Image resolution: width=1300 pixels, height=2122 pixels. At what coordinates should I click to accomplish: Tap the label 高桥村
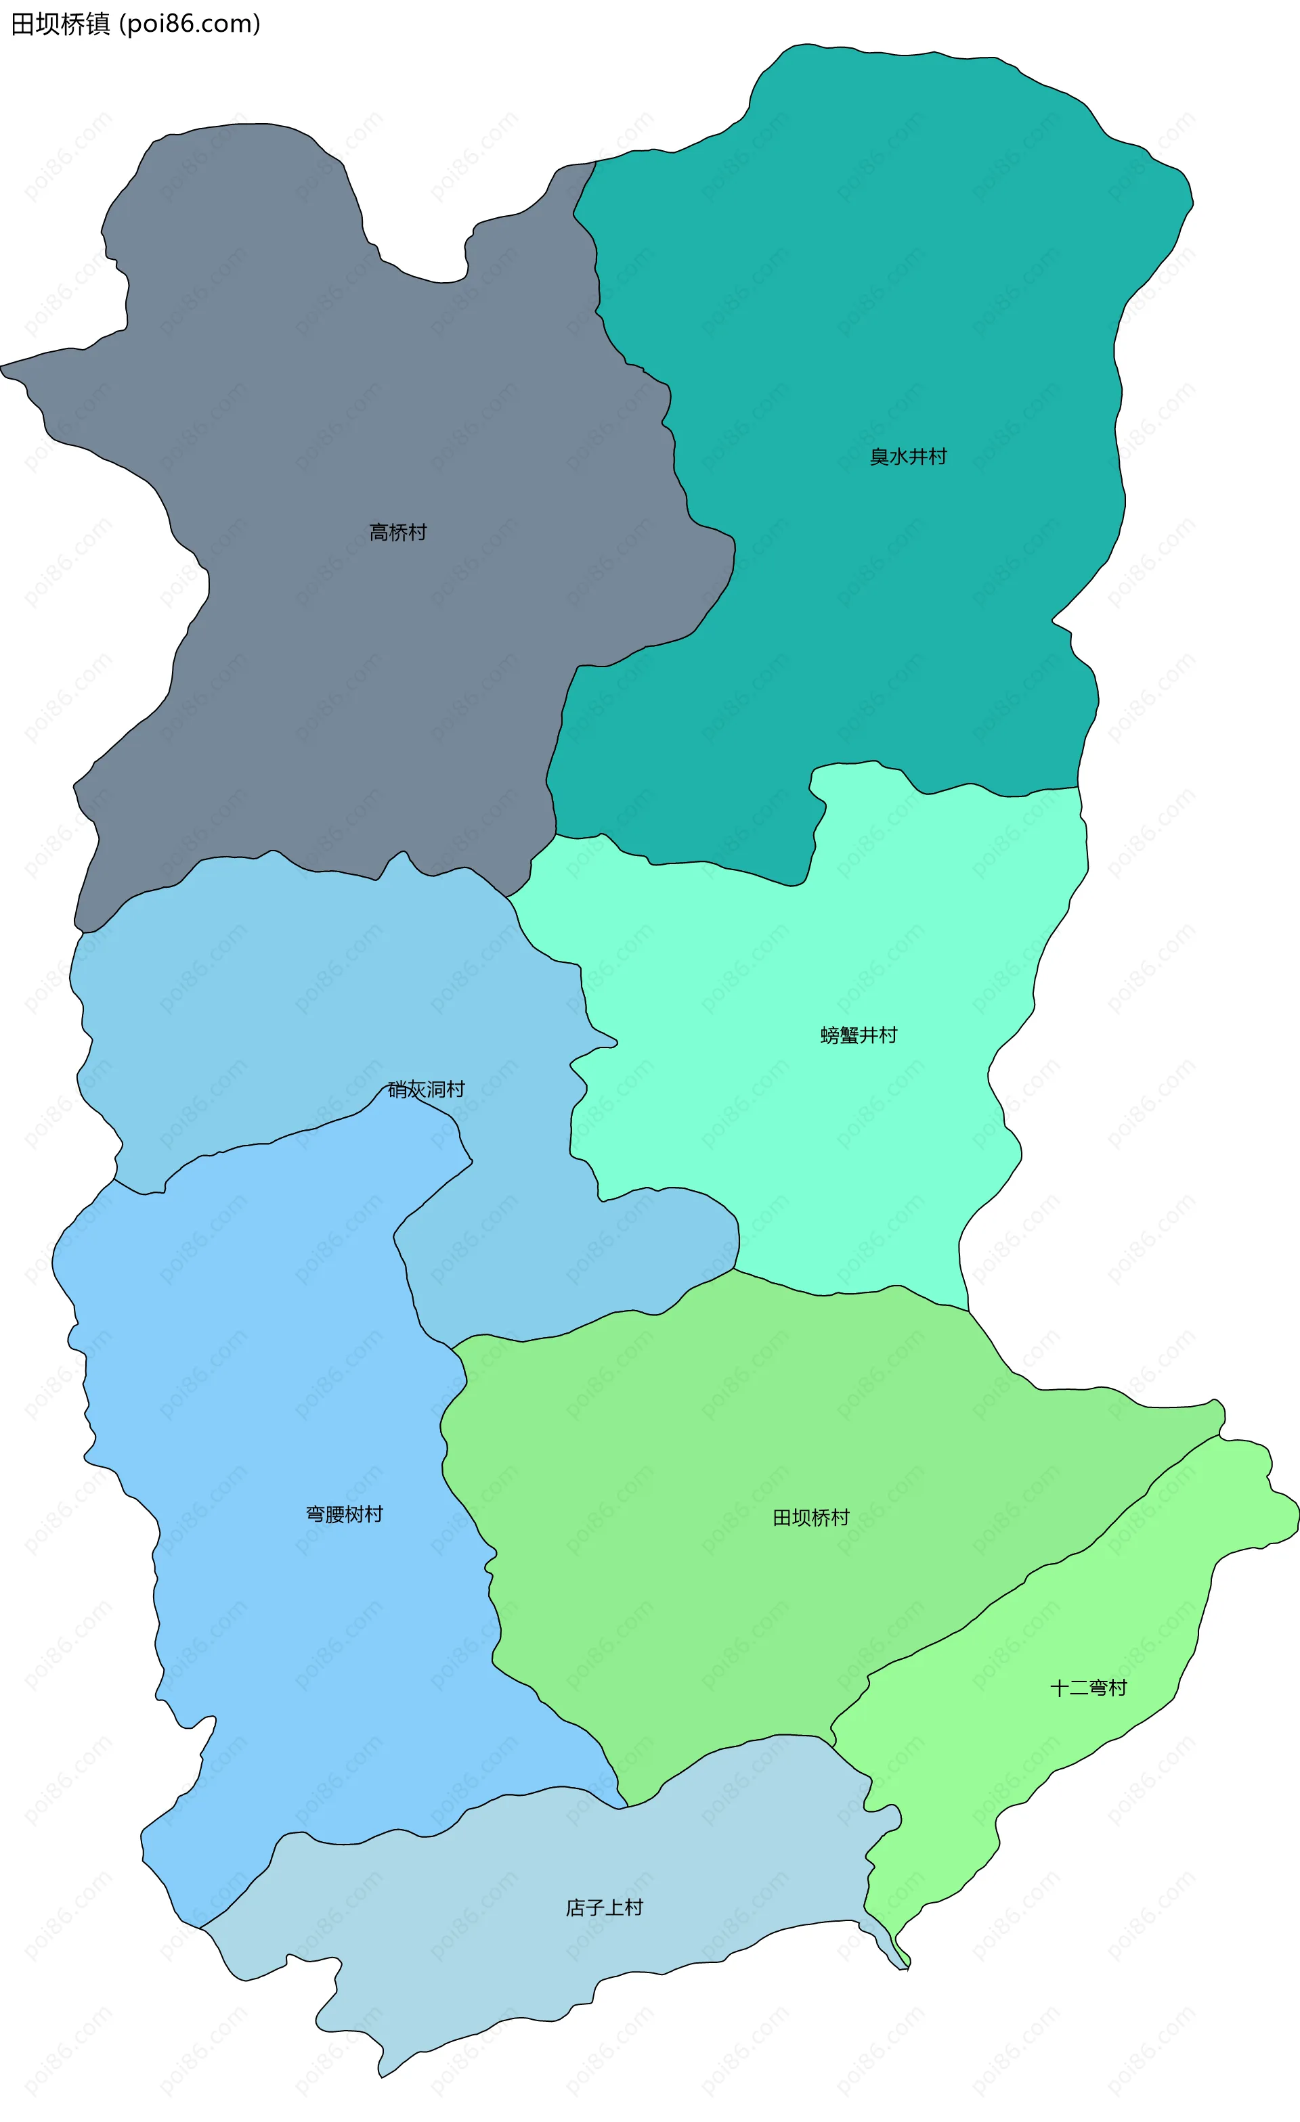[x=398, y=533]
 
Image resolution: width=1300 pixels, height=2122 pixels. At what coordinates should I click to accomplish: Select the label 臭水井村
[x=908, y=457]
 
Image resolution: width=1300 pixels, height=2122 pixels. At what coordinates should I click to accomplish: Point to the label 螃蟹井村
[x=859, y=1035]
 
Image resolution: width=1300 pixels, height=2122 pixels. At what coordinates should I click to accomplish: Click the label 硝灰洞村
[x=427, y=1089]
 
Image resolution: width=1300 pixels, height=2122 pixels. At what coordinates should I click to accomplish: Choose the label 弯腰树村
[x=344, y=1514]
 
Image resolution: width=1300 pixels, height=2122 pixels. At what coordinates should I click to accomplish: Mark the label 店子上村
[x=604, y=1907]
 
